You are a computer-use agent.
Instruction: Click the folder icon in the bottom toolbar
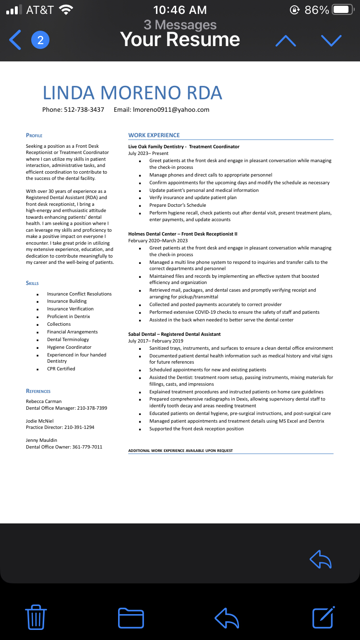131,617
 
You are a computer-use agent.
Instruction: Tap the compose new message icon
323,617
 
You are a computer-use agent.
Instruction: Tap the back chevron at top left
15,40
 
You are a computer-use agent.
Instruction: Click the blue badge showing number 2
40,40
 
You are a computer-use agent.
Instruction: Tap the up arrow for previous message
286,41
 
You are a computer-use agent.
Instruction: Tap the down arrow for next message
331,41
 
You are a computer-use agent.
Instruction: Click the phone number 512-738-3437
84,109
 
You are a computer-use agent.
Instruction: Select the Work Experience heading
154,135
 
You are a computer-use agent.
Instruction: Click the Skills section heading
32,283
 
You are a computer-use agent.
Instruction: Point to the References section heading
38,391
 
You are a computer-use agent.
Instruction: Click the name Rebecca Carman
44,401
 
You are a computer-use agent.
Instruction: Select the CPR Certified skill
61,368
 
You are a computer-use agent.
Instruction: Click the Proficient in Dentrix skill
68,316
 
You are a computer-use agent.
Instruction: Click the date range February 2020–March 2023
158,240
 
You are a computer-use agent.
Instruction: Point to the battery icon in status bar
343,10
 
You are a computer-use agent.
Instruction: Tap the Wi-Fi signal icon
65,10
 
